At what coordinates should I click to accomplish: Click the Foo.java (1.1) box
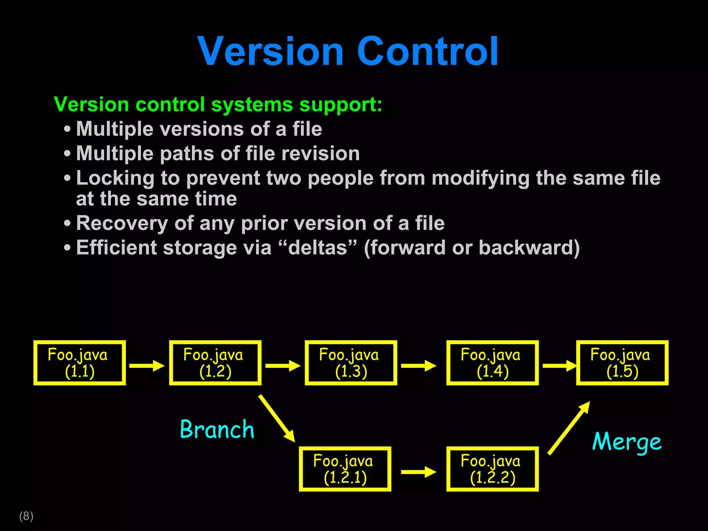[80, 363]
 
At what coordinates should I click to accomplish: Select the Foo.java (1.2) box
[215, 363]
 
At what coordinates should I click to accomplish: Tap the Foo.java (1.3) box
[351, 363]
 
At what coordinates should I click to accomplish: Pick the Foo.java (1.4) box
[492, 363]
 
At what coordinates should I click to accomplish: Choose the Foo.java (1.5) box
[622, 363]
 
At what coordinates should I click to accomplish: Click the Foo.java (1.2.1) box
[345, 469]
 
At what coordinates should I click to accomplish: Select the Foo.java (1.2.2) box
[492, 469]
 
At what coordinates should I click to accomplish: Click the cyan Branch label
[217, 429]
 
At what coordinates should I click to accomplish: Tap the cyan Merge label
[626, 442]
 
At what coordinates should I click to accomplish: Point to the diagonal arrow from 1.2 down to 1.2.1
[277, 418]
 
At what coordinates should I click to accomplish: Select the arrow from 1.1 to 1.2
[147, 365]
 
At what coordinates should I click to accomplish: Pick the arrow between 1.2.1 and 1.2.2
[418, 472]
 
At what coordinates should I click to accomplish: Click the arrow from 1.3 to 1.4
[418, 365]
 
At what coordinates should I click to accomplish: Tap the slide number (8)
[26, 516]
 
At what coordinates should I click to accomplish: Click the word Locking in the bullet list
[115, 178]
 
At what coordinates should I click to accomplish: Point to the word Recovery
[122, 223]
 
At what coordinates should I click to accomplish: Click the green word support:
[341, 104]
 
